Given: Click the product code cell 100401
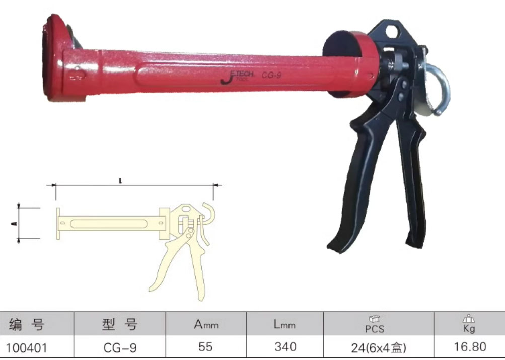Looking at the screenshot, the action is pyautogui.click(x=26, y=348).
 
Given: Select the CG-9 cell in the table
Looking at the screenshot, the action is pyautogui.click(x=120, y=348).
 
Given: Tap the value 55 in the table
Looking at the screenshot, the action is pyautogui.click(x=205, y=347).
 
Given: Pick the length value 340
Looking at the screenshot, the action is pyautogui.click(x=285, y=347).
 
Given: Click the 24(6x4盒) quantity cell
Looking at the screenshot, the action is pyautogui.click(x=379, y=348).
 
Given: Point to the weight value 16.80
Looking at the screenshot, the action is pyautogui.click(x=470, y=347).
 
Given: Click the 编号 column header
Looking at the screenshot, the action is pyautogui.click(x=27, y=324).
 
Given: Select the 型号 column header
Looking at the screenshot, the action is pyautogui.click(x=120, y=324).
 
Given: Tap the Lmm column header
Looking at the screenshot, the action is pyautogui.click(x=284, y=324).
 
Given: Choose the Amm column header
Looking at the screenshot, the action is pyautogui.click(x=206, y=324).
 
